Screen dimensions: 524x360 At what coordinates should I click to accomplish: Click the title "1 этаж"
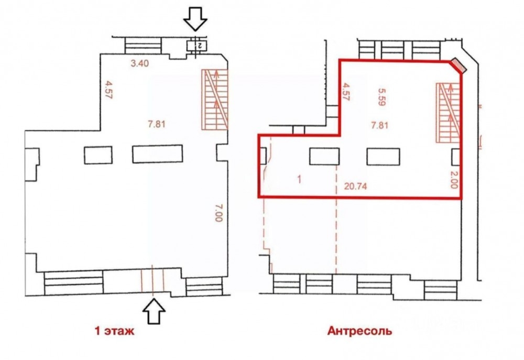pos(115,331)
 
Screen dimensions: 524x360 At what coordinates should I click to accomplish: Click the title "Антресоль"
pos(359,331)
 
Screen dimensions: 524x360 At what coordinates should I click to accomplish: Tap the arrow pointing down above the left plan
pos(195,19)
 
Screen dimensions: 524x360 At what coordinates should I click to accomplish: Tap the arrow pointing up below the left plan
pos(154,311)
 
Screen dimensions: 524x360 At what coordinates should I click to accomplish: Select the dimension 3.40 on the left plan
pos(139,63)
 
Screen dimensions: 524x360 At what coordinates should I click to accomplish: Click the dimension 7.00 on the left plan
pos(219,213)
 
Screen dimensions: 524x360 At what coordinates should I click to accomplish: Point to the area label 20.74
pos(356,186)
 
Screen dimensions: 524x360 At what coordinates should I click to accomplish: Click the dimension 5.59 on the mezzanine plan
pos(382,97)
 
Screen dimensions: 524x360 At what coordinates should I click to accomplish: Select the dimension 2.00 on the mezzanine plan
pos(454,180)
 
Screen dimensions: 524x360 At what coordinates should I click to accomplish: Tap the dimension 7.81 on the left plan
pos(157,124)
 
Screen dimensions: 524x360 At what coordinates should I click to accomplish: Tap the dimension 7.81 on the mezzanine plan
pos(379,126)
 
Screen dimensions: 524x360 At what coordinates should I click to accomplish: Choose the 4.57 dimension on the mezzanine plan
pos(345,93)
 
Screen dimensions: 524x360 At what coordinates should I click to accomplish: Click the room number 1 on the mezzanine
pos(299,180)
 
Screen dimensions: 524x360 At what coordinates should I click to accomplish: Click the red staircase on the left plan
pos(214,99)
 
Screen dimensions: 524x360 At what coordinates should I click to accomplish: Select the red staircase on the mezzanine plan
pos(449,113)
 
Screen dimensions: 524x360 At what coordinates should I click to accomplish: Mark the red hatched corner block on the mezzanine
pos(458,66)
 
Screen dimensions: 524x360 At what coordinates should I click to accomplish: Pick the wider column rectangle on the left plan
pos(157,154)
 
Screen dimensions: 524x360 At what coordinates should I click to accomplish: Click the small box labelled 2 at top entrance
pos(196,46)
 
